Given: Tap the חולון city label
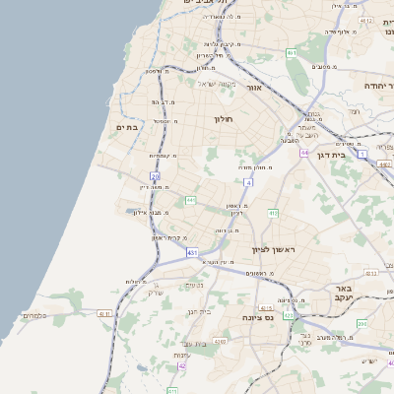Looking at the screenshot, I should (223, 118).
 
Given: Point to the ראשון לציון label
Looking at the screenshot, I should (273, 249).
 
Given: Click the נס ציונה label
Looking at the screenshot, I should (258, 317).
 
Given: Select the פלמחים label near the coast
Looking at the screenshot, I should (33, 316).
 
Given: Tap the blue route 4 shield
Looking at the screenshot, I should (249, 182).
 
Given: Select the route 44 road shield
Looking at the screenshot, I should (305, 153).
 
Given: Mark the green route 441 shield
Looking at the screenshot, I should (190, 200).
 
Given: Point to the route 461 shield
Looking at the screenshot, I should (292, 52).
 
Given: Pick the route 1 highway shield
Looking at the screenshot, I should (362, 155).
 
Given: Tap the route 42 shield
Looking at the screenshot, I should (181, 365).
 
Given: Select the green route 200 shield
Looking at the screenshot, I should (361, 323).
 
